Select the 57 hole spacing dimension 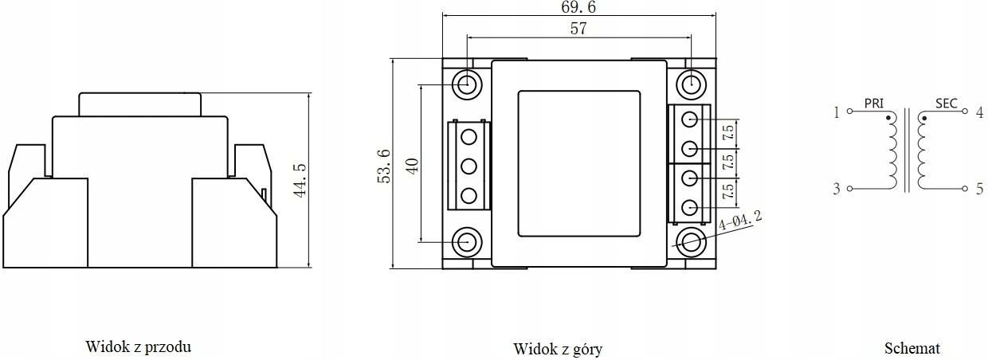[578, 29]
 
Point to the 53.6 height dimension [384, 165]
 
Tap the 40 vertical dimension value [411, 165]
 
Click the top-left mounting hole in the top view [467, 83]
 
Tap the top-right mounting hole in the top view [690, 83]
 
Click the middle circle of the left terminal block [469, 166]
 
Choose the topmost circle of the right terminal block [690, 119]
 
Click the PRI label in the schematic [874, 104]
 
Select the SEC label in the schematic [946, 104]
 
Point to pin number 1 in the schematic [837, 112]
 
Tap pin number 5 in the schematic [979, 189]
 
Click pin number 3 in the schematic [837, 189]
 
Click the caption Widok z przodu [138, 346]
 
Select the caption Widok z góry [558, 349]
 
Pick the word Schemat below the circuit [912, 348]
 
